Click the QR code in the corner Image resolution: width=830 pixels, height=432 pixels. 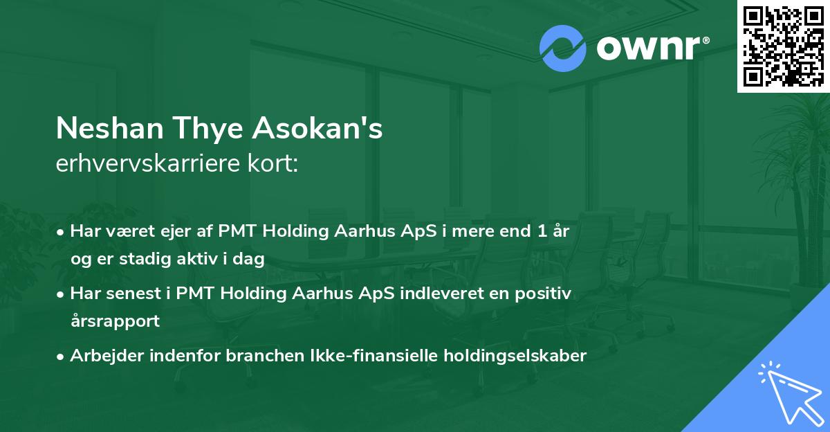pyautogui.click(x=783, y=46)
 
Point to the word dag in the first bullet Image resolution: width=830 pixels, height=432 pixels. pyautogui.click(x=252, y=259)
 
